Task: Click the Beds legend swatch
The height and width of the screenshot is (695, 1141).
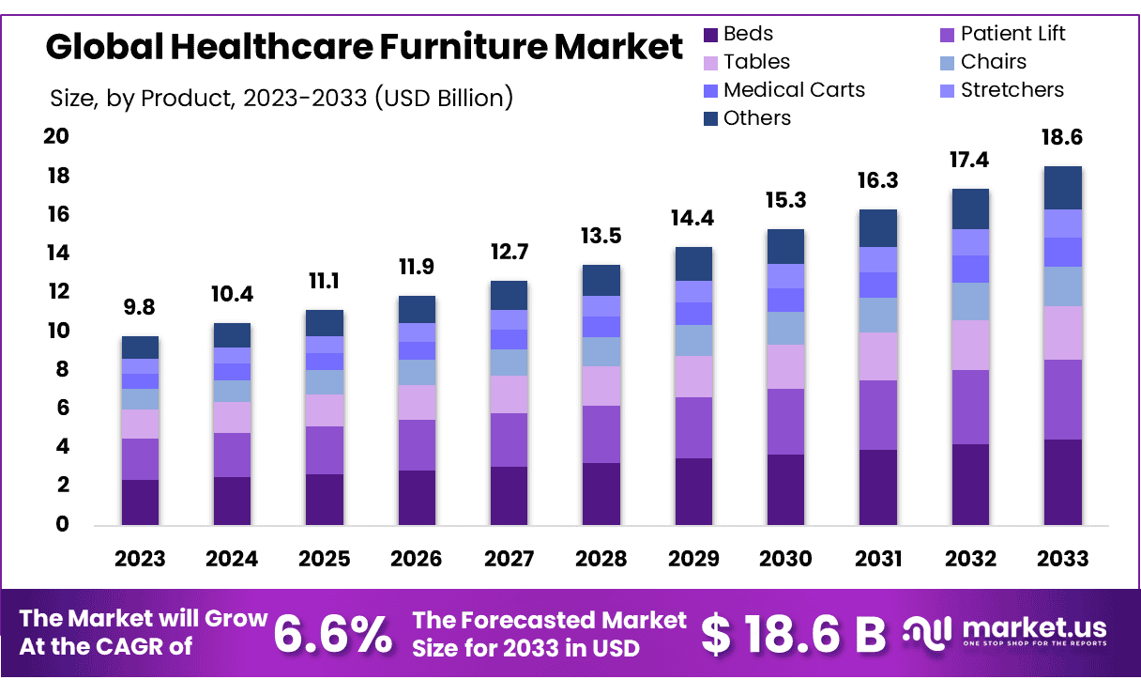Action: pos(711,35)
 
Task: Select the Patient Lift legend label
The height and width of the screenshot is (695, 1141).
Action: pos(1013,35)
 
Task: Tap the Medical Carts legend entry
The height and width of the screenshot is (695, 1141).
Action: pos(794,90)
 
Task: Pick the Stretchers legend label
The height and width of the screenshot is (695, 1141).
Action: pos(1012,90)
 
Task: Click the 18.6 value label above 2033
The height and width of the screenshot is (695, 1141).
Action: pos(1062,137)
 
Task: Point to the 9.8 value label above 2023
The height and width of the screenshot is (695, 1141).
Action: pos(140,307)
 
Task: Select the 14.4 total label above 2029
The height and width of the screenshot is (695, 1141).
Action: pos(693,218)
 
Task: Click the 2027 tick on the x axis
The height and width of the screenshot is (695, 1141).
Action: pos(509,559)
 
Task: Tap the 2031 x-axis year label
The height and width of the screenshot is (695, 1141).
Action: pos(878,559)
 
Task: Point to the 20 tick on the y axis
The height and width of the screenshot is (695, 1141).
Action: pos(56,137)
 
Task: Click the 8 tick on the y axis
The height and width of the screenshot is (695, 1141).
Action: pos(62,370)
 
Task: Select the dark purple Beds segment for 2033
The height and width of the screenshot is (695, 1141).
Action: pos(1062,482)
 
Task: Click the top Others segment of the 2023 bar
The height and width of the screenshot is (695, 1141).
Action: pos(140,347)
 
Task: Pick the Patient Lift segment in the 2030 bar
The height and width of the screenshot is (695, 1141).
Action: pos(785,422)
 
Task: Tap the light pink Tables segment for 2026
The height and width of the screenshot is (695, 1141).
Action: pos(417,402)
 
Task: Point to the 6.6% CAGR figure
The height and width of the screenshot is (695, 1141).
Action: pos(333,636)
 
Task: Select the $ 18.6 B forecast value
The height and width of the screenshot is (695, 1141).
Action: pos(793,636)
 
